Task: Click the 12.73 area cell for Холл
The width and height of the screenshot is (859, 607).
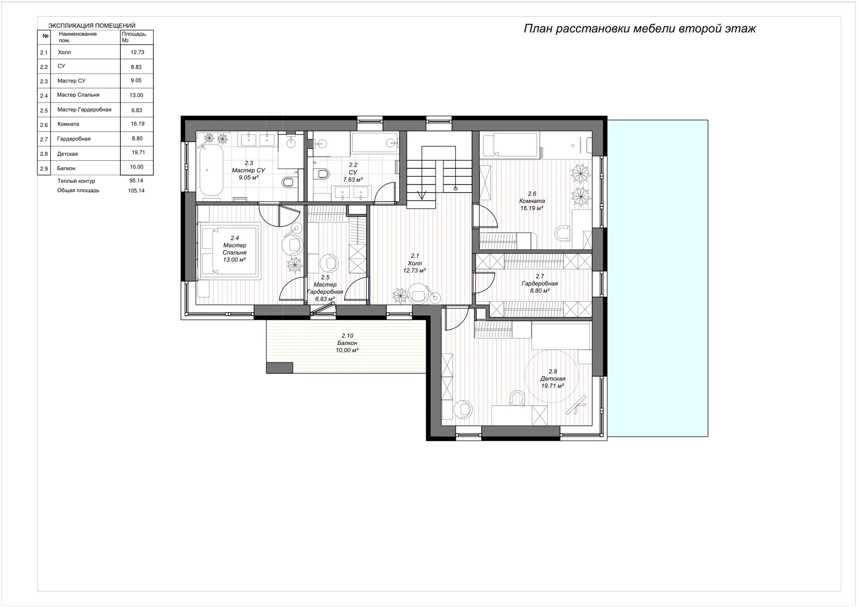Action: click(x=137, y=52)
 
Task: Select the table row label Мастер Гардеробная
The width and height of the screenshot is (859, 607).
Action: click(x=84, y=110)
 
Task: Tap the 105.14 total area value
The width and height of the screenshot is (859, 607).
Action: click(x=136, y=191)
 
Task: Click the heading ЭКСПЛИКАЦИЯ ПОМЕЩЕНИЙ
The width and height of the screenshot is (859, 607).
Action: click(x=92, y=26)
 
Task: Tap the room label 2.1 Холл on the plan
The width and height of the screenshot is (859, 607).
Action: click(x=414, y=263)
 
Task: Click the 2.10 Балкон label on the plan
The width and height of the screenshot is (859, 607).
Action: click(x=347, y=343)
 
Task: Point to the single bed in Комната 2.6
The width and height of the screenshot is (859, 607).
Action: click(x=510, y=145)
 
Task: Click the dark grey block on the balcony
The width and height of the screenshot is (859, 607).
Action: click(x=279, y=368)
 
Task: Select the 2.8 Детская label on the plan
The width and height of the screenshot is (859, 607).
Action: click(x=553, y=379)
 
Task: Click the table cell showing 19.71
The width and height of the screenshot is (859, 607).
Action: click(x=138, y=153)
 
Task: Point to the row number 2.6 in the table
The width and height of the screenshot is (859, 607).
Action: click(x=44, y=125)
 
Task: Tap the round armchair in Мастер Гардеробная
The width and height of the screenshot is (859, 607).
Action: click(x=328, y=263)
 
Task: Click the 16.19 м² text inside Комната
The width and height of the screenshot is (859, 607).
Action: click(x=532, y=208)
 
